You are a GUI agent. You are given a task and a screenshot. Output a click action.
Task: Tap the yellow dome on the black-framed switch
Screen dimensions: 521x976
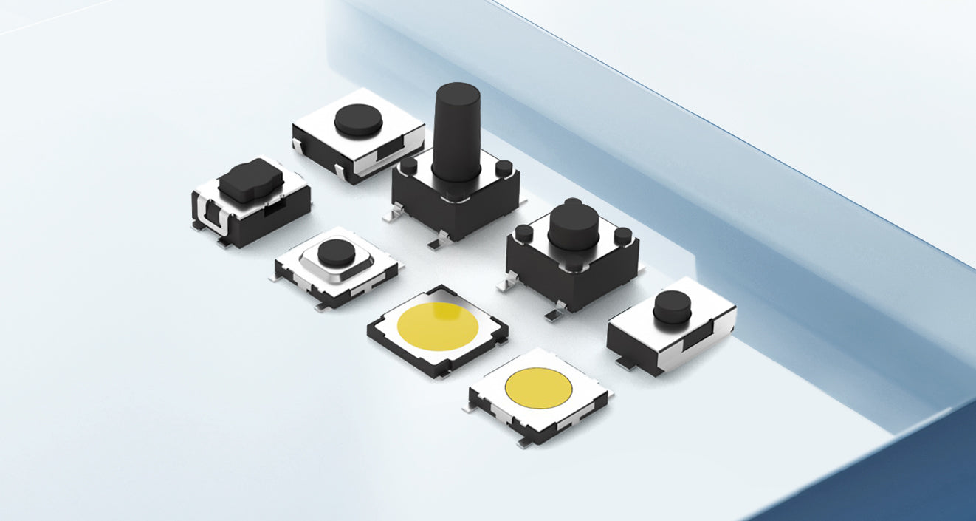click(437, 326)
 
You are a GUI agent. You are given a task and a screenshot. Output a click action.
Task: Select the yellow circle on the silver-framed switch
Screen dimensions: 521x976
click(538, 387)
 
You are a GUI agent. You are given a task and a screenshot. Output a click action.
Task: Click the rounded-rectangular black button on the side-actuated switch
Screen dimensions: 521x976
click(250, 180)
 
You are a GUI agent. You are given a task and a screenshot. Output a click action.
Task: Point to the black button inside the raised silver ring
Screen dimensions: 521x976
click(336, 252)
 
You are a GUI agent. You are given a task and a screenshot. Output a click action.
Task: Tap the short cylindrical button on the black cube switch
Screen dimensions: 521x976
click(573, 225)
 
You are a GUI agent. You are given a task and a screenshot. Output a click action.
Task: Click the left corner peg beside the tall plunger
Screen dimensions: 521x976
click(408, 165)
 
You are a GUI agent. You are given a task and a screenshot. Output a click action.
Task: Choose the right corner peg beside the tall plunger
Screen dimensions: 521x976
click(504, 168)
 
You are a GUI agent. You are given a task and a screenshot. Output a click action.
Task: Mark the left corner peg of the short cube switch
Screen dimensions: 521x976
click(523, 233)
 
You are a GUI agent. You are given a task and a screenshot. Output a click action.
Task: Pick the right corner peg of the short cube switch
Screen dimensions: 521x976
click(623, 236)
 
